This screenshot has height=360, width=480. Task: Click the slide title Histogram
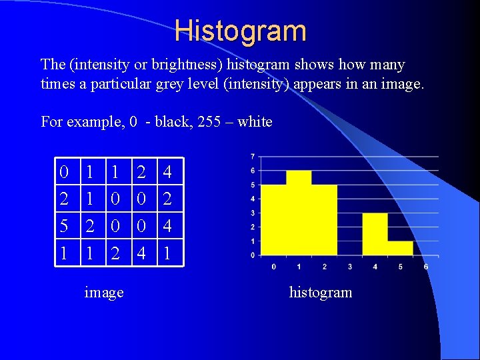241,31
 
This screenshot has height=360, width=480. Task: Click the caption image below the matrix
104,292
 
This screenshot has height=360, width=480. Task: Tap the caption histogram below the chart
320,292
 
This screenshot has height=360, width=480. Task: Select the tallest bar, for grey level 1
299,213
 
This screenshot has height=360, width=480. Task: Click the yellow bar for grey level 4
375,233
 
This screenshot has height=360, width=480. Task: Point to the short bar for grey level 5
400,247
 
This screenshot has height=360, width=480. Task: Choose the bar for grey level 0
273,220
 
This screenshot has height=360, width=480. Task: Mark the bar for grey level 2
324,220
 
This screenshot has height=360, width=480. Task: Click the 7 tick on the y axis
252,157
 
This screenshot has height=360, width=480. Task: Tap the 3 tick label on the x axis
350,266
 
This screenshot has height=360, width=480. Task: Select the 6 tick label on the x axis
426,266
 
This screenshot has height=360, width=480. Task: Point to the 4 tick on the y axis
252,199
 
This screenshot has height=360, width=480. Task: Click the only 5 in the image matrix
63,226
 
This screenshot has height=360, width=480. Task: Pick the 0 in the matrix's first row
63,173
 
